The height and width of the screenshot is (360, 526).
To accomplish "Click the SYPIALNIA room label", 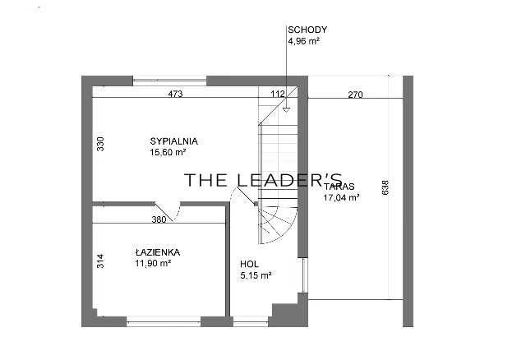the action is point(173,141).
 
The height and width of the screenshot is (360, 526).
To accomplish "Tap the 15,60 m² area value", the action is point(168,152).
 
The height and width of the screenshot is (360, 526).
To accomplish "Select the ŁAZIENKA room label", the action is point(158,252).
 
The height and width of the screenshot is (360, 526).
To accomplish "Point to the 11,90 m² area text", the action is point(153,263).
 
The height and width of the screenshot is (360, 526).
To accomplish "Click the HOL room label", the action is point(249,264).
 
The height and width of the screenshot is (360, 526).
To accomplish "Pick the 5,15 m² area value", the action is point(256,275).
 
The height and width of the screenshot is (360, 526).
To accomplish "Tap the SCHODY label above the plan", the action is point(307,30).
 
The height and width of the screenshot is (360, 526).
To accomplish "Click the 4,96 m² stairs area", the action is point(303,41).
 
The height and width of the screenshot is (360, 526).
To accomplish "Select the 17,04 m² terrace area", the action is point(341,197).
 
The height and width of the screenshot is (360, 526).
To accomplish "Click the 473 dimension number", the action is point(175,94).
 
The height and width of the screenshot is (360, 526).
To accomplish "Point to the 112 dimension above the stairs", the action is point(278,94).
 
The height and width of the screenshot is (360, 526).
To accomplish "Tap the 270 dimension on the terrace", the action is point(355,95).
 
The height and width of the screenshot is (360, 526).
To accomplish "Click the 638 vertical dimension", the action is point(385,187).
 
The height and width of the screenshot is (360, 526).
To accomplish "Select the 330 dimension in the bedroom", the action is point(100,144).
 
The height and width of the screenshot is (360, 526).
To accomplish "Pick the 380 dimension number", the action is point(159,219).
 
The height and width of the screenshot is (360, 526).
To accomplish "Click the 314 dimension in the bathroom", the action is point(100,261).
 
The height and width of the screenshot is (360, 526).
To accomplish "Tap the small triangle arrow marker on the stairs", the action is point(286,109).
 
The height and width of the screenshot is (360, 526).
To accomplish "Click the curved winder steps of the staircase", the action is point(277,224).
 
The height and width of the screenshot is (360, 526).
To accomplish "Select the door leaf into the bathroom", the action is point(164,212).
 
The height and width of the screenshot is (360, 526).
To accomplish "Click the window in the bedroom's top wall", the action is point(170,81).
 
